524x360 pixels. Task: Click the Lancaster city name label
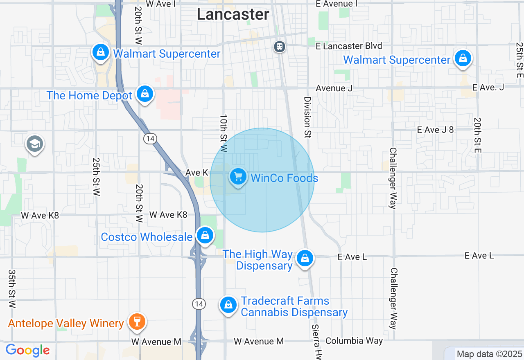(x=233, y=14)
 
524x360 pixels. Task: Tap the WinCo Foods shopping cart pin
(x=238, y=177)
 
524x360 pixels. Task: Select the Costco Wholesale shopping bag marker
(x=205, y=236)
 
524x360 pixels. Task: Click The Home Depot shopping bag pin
(x=145, y=94)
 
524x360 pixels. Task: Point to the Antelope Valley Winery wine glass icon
(x=137, y=322)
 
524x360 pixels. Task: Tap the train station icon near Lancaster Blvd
(x=280, y=47)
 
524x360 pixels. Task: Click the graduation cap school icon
(x=35, y=144)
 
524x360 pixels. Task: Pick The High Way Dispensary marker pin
(x=305, y=259)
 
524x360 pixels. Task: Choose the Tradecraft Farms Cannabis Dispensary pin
(x=228, y=305)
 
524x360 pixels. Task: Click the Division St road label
(x=307, y=117)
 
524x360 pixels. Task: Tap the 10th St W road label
(x=223, y=133)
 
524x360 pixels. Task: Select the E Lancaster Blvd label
(x=349, y=46)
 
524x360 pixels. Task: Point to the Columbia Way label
(x=354, y=341)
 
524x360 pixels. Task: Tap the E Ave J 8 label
(x=435, y=130)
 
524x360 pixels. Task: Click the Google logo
(x=27, y=351)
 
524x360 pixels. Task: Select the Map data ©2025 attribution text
(x=489, y=354)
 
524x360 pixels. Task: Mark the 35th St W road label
(x=12, y=289)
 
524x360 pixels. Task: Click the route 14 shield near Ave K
(x=150, y=139)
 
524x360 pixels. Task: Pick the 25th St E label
(x=519, y=60)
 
